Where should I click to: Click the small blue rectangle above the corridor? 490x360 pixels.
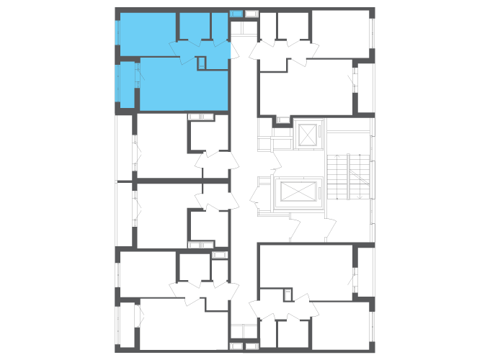[x=236, y=14]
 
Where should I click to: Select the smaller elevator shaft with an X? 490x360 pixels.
[x=306, y=135]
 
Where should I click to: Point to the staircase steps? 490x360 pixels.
[x=337, y=176]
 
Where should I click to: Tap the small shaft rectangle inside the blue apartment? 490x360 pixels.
[x=201, y=63]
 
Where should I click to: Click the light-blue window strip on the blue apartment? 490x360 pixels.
[x=117, y=32]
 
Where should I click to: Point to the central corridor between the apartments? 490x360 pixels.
[x=244, y=180]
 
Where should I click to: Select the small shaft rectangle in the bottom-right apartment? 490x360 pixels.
[x=288, y=294]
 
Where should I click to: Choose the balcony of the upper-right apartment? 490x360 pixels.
[x=365, y=88]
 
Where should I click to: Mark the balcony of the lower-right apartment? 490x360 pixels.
[x=365, y=271]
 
